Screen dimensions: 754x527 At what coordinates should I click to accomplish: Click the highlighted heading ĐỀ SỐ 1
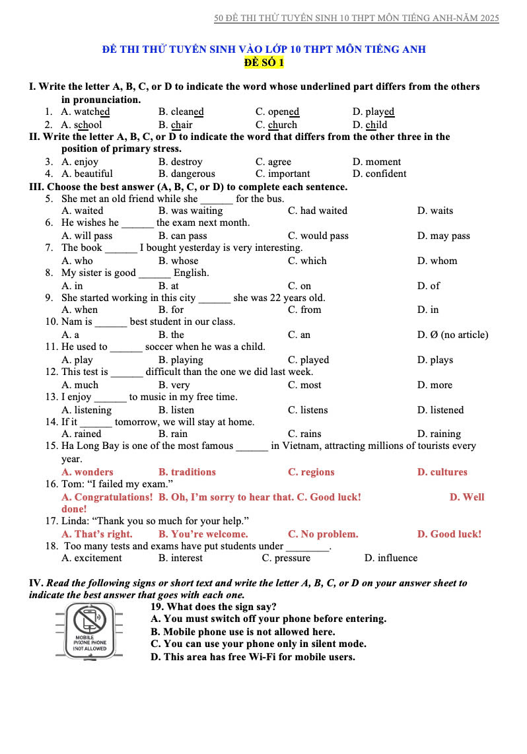click(x=263, y=63)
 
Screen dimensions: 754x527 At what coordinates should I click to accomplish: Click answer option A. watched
click(x=85, y=112)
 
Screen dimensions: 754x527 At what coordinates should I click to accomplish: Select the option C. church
click(x=276, y=125)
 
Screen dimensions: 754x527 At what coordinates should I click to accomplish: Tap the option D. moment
click(x=376, y=162)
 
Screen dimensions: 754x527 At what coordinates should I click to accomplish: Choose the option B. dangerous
click(x=187, y=174)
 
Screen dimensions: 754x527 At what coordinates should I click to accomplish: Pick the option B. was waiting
click(x=190, y=211)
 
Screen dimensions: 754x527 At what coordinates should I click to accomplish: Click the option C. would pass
click(x=318, y=236)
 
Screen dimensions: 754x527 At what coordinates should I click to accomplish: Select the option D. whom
click(x=437, y=261)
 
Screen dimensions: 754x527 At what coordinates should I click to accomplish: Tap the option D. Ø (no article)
click(x=453, y=335)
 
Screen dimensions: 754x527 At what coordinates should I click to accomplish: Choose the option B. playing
click(x=180, y=360)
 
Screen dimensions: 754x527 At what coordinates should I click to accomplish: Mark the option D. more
click(x=435, y=385)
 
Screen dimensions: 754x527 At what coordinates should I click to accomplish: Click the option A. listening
click(x=87, y=410)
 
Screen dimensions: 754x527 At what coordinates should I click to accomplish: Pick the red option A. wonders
click(x=87, y=472)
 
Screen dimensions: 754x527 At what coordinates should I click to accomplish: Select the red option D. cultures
click(x=442, y=472)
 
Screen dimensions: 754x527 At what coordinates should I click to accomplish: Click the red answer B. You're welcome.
click(x=203, y=534)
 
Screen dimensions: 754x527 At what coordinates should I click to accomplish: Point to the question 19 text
click(x=213, y=607)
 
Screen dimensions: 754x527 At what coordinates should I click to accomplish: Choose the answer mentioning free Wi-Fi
click(x=252, y=657)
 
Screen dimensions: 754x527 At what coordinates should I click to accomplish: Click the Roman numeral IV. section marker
click(x=36, y=583)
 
